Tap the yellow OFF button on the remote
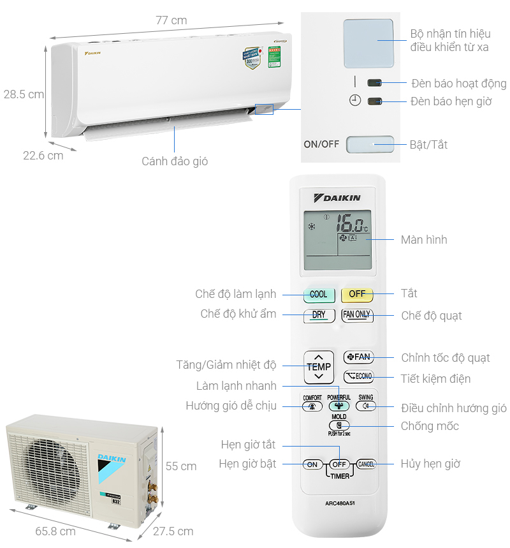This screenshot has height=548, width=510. (357, 294)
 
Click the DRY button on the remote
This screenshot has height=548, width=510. (319, 315)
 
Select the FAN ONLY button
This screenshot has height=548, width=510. (357, 315)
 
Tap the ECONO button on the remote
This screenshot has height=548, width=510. (358, 376)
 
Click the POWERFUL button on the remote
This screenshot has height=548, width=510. (339, 406)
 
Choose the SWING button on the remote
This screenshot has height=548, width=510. (366, 406)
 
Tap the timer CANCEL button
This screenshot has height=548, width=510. (366, 464)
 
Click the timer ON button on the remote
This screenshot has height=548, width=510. (312, 464)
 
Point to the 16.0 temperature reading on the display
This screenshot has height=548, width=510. (351, 223)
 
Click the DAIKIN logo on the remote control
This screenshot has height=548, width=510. (338, 198)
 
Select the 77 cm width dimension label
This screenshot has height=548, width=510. (171, 20)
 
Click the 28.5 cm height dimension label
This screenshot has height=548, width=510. (24, 94)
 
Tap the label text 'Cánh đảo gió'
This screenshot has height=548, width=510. (175, 161)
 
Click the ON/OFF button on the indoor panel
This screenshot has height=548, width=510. (370, 144)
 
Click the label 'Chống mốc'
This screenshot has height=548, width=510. (430, 426)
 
